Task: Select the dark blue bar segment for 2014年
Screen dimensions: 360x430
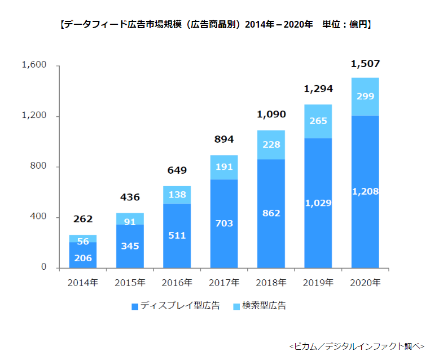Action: (x=83, y=255)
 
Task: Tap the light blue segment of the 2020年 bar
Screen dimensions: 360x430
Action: (x=365, y=96)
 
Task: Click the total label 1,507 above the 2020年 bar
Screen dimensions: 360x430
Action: (x=365, y=64)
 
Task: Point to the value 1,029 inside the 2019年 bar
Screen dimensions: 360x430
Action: (x=318, y=203)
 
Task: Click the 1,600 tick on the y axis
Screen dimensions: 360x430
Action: (x=34, y=65)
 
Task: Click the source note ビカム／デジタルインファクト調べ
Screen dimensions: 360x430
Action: (x=356, y=345)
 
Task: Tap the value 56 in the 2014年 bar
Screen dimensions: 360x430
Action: (x=83, y=240)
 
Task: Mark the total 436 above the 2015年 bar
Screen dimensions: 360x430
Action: (x=130, y=197)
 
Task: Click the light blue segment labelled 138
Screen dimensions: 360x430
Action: (x=177, y=195)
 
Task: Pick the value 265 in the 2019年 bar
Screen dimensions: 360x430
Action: (x=318, y=121)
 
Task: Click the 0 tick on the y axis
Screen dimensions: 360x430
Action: (x=43, y=267)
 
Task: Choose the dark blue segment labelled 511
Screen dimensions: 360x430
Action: (x=177, y=235)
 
